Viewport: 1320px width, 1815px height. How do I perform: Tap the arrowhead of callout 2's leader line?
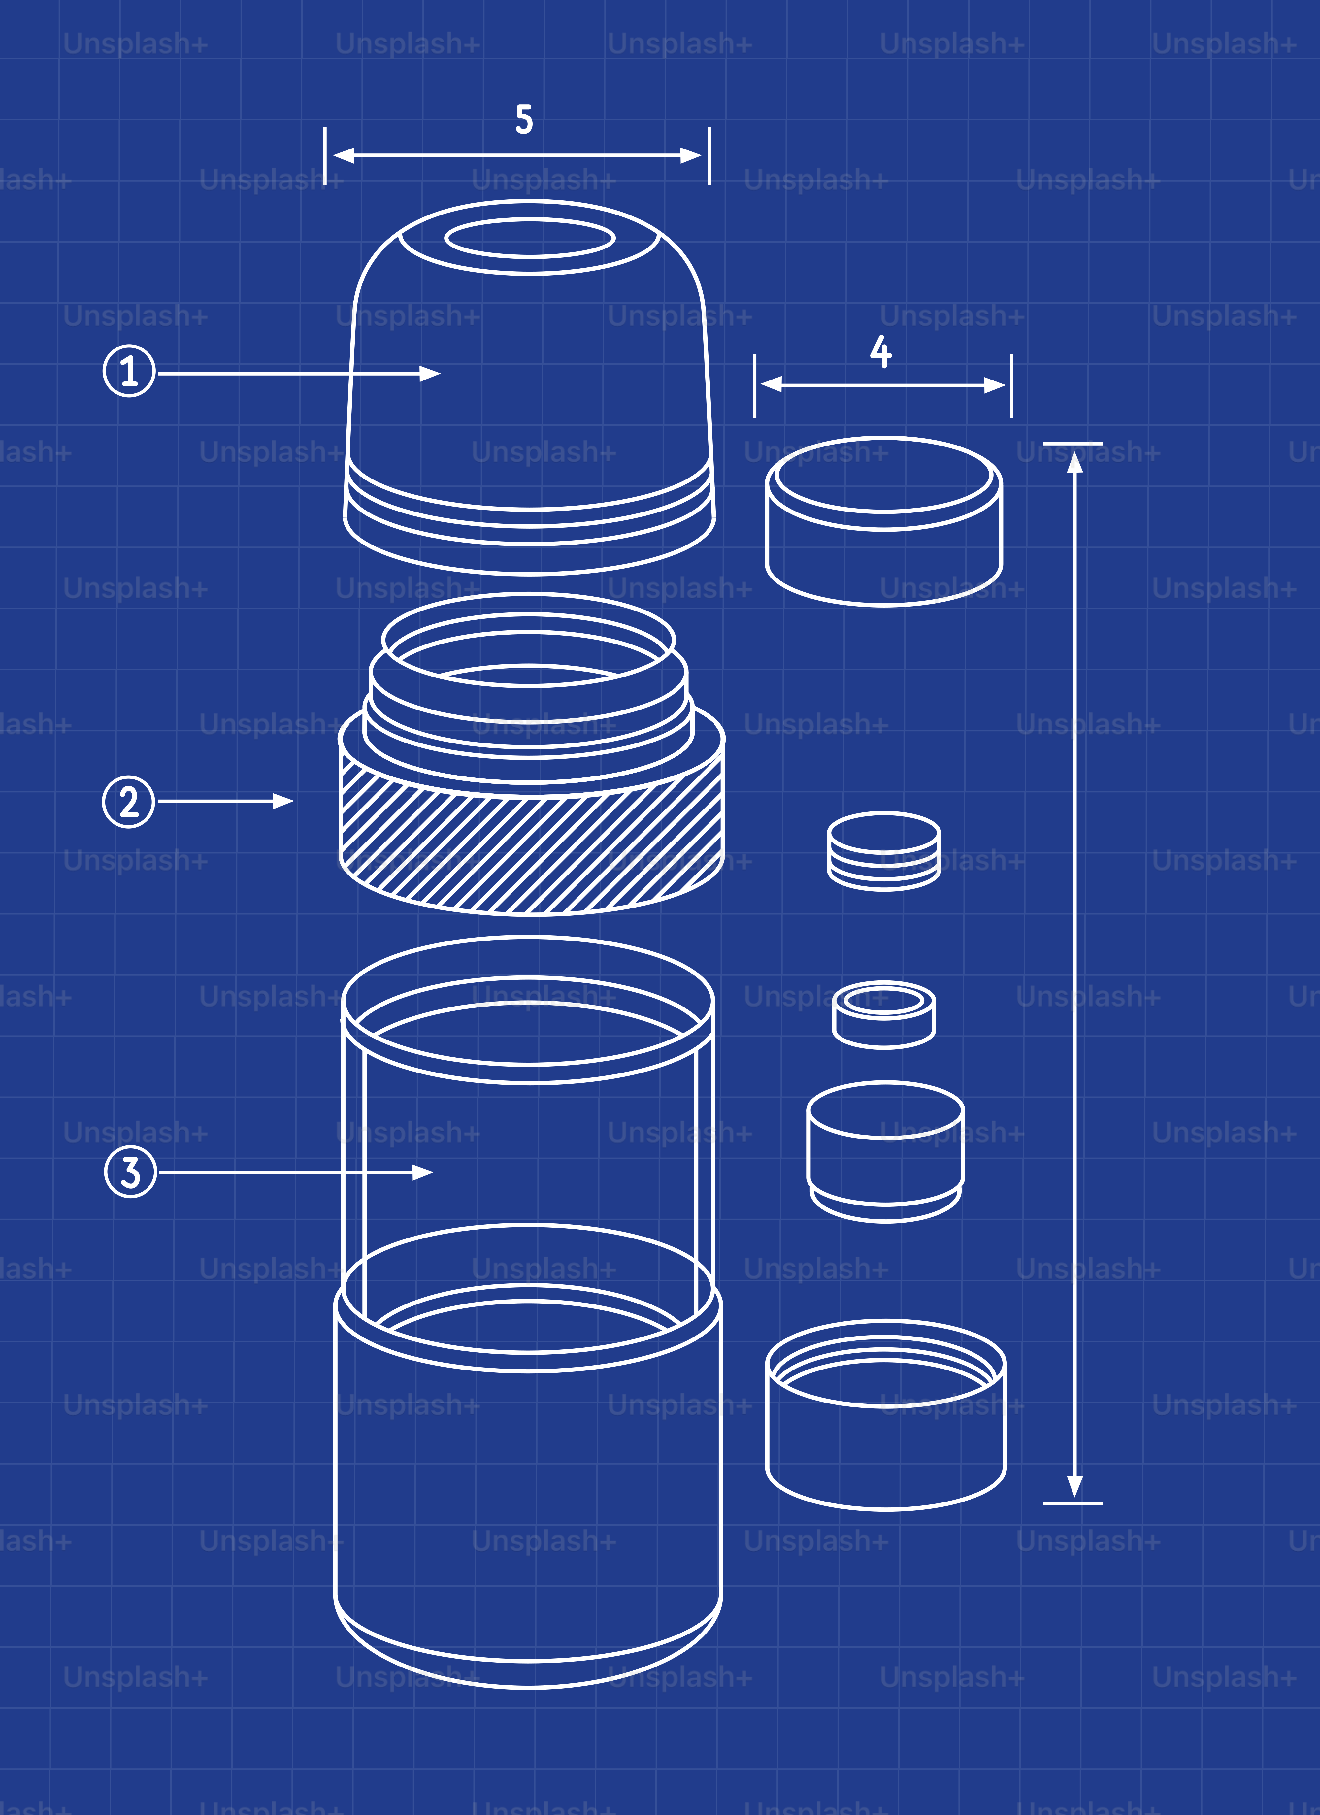pyautogui.click(x=283, y=801)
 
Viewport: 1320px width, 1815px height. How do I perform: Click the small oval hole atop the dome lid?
pyautogui.click(x=530, y=239)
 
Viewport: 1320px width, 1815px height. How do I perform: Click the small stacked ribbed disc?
pyautogui.click(x=884, y=851)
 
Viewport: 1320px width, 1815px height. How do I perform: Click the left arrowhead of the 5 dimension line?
pyautogui.click(x=344, y=155)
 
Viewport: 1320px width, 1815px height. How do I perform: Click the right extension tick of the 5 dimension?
pyautogui.click(x=709, y=155)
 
